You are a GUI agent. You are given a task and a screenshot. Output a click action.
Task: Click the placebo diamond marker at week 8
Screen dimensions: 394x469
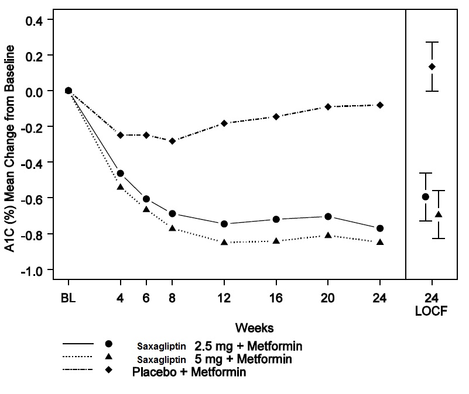[x=172, y=141]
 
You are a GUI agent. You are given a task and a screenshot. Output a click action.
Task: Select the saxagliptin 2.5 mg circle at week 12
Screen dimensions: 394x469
[x=224, y=224]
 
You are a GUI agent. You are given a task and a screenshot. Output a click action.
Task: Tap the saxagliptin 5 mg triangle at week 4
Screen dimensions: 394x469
[x=121, y=187]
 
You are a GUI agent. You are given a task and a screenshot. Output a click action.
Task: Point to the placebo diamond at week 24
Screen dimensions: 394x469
[x=380, y=105]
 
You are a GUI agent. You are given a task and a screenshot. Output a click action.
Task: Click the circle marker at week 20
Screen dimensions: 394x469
[x=328, y=217]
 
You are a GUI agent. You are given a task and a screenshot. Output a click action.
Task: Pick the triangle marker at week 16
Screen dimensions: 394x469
[x=276, y=240]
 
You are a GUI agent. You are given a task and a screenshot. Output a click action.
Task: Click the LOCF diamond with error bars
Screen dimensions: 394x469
[x=432, y=67]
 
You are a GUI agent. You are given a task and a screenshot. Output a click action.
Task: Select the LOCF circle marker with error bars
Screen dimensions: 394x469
[x=426, y=196]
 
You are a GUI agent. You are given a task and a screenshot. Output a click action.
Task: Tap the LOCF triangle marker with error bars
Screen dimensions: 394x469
[x=439, y=215]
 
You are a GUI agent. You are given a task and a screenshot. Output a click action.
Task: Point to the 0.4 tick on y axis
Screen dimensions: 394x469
[x=45, y=20]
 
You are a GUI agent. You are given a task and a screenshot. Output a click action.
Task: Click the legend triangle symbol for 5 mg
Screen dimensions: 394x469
[x=108, y=357]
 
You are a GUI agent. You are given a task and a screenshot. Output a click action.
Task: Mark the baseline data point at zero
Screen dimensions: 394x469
[x=69, y=91]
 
